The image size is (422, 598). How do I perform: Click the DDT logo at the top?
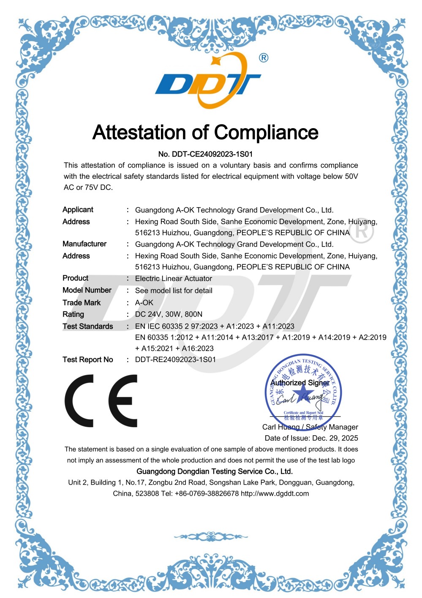(208, 81)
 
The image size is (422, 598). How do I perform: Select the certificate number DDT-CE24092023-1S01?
(212, 154)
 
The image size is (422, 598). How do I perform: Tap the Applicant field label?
(78, 210)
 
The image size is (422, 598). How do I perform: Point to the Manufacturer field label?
(84, 244)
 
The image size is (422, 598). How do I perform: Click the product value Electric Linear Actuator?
(173, 279)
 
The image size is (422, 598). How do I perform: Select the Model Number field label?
(87, 290)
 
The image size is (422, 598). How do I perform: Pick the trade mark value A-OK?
(144, 303)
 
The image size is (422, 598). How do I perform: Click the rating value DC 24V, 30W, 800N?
(169, 314)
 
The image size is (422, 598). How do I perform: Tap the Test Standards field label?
(88, 326)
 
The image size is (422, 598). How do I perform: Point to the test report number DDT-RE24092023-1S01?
(175, 359)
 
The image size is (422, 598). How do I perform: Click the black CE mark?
(101, 400)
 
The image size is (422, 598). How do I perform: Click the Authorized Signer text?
(300, 383)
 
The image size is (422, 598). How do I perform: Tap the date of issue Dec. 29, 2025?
(335, 438)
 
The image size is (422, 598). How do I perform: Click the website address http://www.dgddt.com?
(275, 494)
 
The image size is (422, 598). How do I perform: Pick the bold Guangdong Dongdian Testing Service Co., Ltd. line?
(215, 472)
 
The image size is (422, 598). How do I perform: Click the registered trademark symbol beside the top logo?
(263, 58)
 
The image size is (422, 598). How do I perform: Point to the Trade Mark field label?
(82, 303)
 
